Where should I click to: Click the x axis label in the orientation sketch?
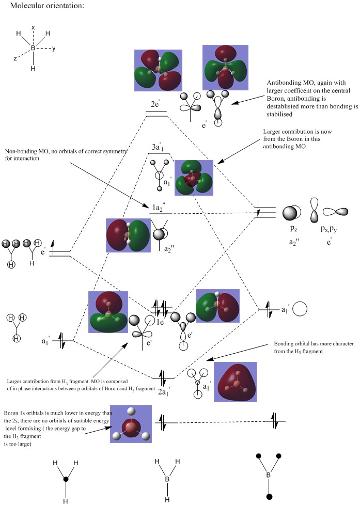pyautogui.click(x=33, y=27)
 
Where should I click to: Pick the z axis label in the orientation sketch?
pyautogui.click(x=15, y=59)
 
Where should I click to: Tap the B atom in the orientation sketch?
pyautogui.click(x=33, y=48)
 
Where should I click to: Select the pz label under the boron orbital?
pyautogui.click(x=291, y=227)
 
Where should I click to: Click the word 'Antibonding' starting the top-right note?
pyautogui.click(x=283, y=83)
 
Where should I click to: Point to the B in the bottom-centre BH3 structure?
pyautogui.click(x=167, y=480)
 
